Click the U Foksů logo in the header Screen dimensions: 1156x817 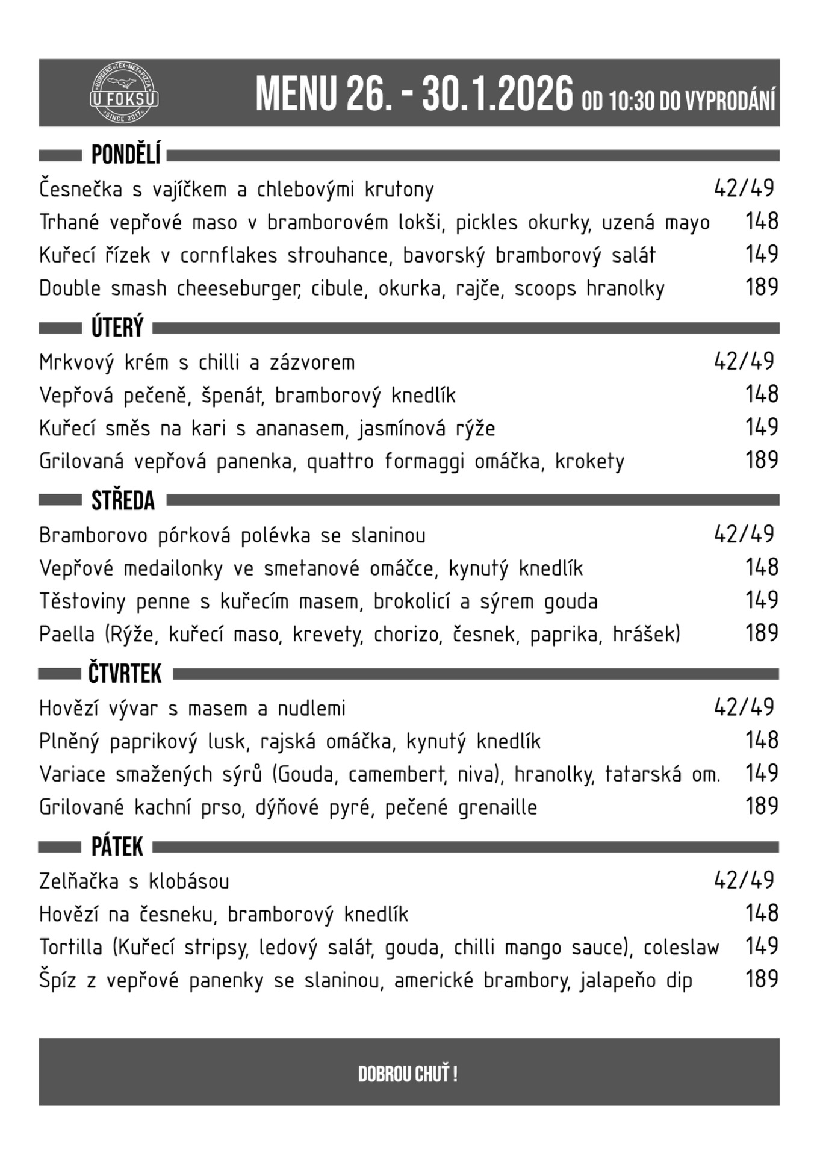tap(124, 94)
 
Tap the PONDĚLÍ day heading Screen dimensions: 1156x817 tap(126, 155)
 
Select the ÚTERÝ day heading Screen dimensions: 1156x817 tap(117, 328)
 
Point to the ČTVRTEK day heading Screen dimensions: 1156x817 tap(125, 674)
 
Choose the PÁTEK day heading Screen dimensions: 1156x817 tap(117, 847)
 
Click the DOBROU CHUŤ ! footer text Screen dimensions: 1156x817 tap(408, 1074)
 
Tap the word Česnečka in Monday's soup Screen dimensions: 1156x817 tap(81, 189)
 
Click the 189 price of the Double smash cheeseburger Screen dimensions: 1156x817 tap(762, 287)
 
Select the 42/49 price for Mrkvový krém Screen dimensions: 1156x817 tap(744, 362)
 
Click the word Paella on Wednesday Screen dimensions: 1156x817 tap(67, 634)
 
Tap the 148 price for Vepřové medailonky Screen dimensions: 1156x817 tap(762, 567)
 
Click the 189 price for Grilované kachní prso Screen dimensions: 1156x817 tap(762, 806)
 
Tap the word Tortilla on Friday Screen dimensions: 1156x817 tap(70, 947)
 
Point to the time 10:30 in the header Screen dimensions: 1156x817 tap(631, 101)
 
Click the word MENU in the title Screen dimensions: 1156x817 tap(295, 95)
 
